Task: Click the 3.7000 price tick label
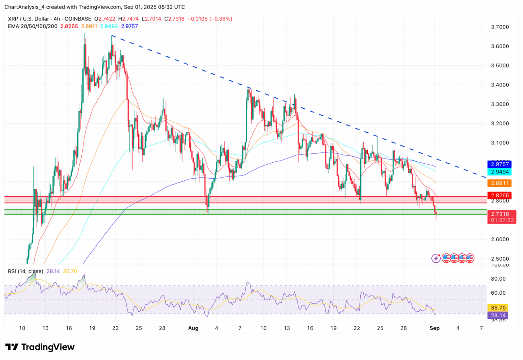click(500, 27)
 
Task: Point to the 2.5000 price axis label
click(500, 259)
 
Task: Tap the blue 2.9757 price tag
click(500, 164)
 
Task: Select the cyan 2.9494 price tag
click(500, 172)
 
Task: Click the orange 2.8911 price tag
click(500, 183)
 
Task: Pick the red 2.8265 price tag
click(500, 195)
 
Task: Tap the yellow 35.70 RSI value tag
click(497, 308)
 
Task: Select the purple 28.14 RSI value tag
click(497, 315)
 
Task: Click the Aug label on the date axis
click(193, 328)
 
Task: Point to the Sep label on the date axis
click(434, 328)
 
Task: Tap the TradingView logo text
click(48, 347)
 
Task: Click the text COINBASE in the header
click(78, 19)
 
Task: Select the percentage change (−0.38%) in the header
click(221, 19)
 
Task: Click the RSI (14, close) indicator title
click(26, 271)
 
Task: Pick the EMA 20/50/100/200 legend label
click(33, 26)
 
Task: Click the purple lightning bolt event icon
click(436, 258)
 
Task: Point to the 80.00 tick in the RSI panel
click(498, 279)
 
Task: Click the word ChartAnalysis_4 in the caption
click(25, 7)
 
